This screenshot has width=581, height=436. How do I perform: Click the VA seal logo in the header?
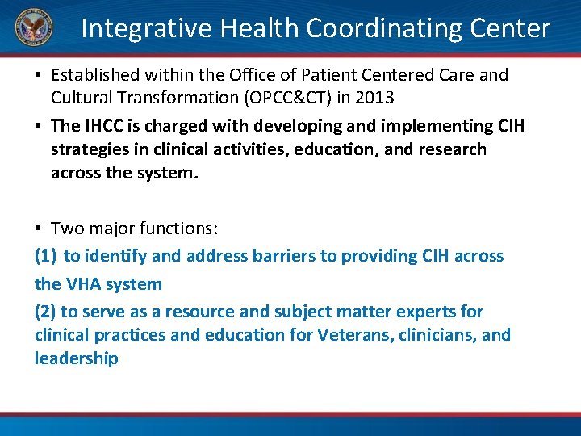click(x=32, y=28)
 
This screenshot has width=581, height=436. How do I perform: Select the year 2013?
click(x=374, y=98)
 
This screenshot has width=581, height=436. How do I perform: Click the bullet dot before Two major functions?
click(x=39, y=229)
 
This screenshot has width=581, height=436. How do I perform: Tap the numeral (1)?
click(x=45, y=256)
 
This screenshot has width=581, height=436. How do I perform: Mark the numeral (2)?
click(x=45, y=311)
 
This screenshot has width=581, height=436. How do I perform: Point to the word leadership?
click(x=77, y=358)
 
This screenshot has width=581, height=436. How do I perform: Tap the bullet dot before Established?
click(x=39, y=76)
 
